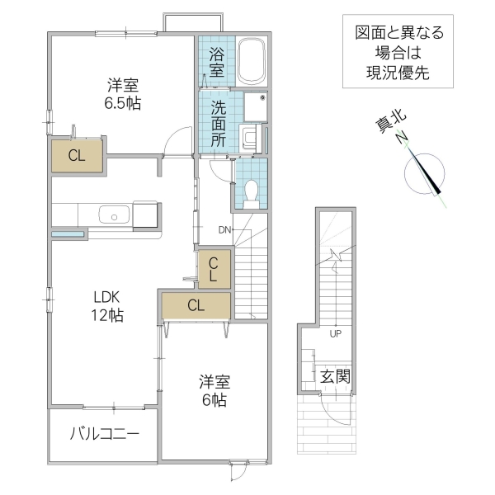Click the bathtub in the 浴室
tap(252, 61)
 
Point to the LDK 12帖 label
tap(107, 305)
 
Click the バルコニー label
tap(104, 433)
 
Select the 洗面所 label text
tap(218, 123)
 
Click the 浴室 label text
tap(216, 63)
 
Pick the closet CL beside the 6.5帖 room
tap(77, 156)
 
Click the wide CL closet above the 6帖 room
tap(196, 305)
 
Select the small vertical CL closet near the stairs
tap(213, 270)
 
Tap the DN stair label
tap(224, 229)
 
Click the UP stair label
tap(335, 334)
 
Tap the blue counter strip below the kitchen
tap(68, 235)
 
